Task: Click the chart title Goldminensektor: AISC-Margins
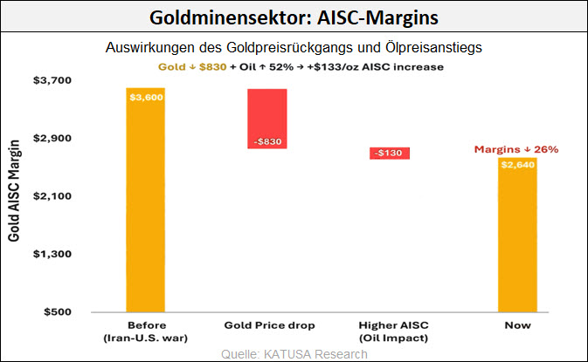pyautogui.click(x=294, y=17)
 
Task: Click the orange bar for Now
pyautogui.click(x=516, y=236)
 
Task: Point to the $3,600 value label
pyautogui.click(x=146, y=97)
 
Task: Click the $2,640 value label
pyautogui.click(x=516, y=164)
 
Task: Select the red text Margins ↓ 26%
pyautogui.click(x=516, y=150)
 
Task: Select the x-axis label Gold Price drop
pyautogui.click(x=269, y=325)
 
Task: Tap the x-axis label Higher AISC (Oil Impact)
pyautogui.click(x=392, y=331)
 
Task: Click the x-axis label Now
pyautogui.click(x=516, y=325)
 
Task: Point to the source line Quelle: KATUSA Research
pyautogui.click(x=294, y=353)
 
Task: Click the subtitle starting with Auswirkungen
pyautogui.click(x=294, y=47)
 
